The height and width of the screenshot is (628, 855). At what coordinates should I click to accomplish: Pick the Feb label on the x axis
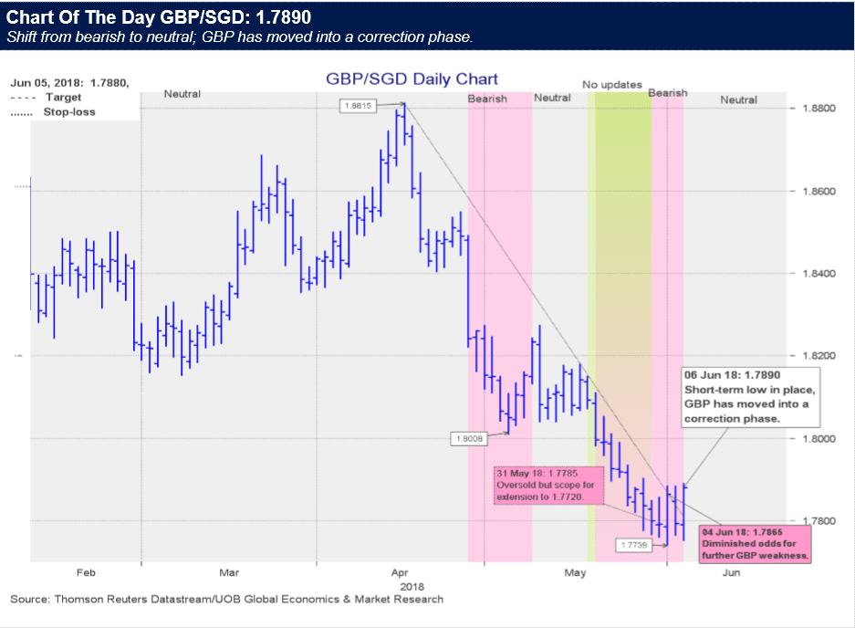86,572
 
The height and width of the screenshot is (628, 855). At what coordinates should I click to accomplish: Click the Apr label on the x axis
398,572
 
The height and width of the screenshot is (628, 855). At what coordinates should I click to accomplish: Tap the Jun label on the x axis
731,572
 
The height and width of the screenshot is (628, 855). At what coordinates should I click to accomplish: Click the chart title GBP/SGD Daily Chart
412,79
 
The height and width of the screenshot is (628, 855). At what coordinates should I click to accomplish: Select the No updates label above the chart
612,85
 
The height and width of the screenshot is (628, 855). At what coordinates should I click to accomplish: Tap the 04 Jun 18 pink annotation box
755,542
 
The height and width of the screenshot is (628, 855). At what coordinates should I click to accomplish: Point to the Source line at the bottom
226,600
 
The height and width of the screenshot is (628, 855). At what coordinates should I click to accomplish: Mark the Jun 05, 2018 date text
69,83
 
